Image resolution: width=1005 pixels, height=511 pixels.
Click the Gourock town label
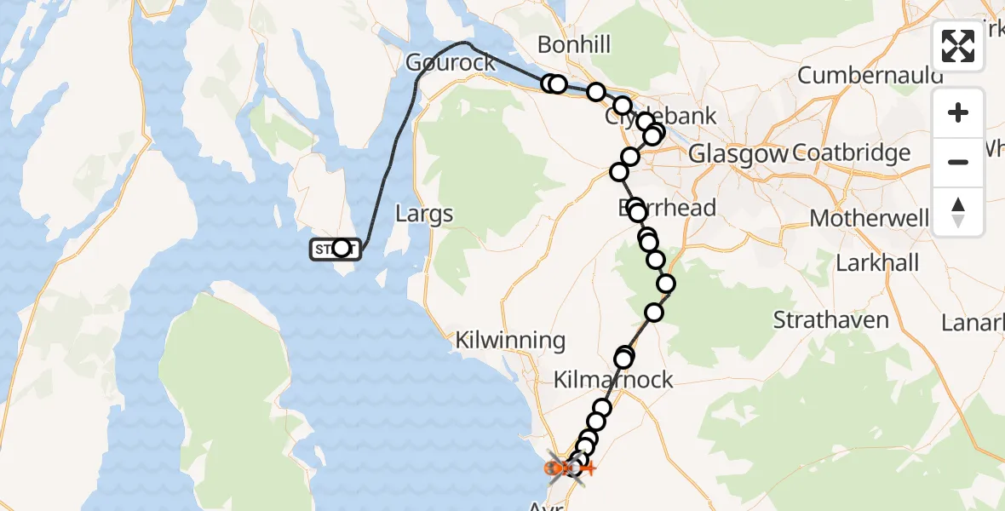point(451,63)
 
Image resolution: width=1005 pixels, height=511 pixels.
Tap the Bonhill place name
point(574,44)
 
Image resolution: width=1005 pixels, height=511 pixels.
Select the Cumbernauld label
point(870,75)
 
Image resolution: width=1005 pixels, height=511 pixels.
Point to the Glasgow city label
point(738,154)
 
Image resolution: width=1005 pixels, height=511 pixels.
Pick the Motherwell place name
point(869,218)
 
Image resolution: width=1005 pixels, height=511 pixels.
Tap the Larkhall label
point(877,262)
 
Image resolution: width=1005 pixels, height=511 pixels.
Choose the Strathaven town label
point(831,321)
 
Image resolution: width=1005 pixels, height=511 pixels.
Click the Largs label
point(424,214)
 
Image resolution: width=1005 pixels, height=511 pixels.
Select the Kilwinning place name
point(510,341)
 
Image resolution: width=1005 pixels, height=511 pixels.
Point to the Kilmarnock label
point(613,380)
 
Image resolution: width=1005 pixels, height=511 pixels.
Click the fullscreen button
point(958,46)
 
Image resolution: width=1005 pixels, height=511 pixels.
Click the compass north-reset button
point(958,212)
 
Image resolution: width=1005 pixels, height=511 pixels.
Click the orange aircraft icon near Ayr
point(587,468)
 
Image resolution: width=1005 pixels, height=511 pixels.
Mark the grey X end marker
point(565,468)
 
